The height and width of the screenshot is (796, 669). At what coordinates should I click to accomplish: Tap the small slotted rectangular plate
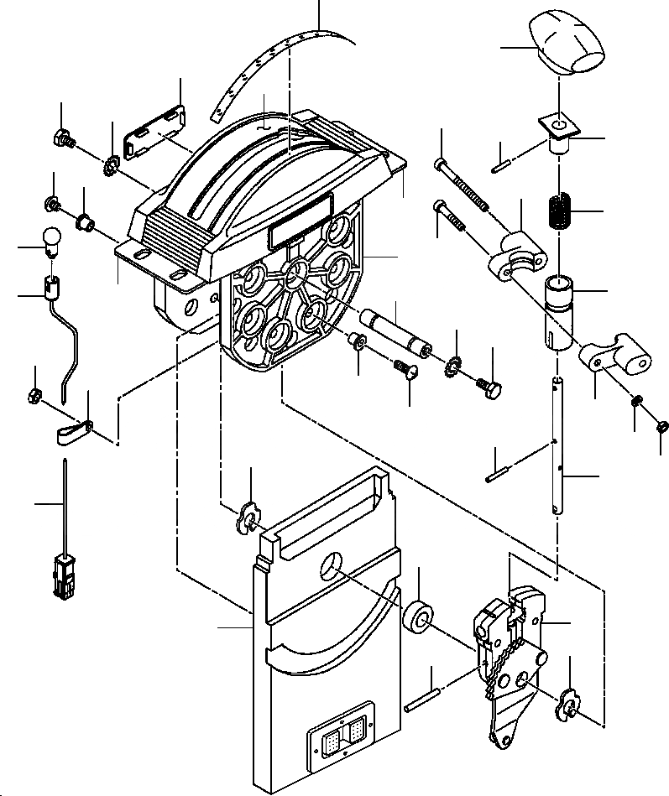pyautogui.click(x=154, y=132)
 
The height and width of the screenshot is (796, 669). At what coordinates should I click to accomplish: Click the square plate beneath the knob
pyautogui.click(x=557, y=126)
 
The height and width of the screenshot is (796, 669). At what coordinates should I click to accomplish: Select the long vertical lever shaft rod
pyautogui.click(x=559, y=445)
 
